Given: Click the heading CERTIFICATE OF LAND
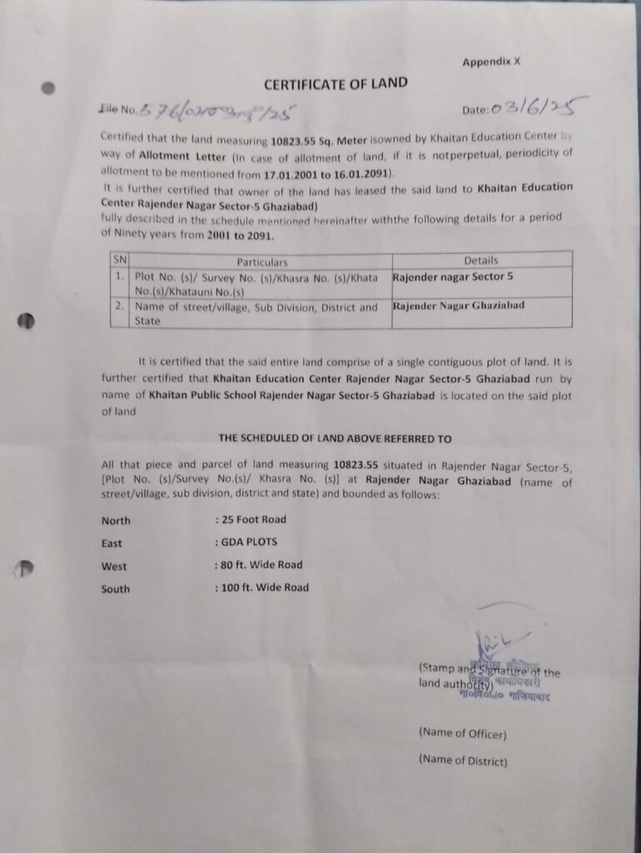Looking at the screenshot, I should [x=335, y=83].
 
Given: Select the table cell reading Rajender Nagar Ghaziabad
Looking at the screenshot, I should [x=459, y=306].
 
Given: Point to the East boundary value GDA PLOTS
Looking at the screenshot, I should [x=248, y=542].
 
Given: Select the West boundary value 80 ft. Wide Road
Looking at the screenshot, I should [x=261, y=565].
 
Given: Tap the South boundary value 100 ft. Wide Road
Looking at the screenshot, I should [x=264, y=588].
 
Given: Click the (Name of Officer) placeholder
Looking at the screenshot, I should [x=463, y=734].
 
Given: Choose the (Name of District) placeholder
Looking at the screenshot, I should [x=463, y=760].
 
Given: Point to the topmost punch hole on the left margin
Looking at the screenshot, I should [x=49, y=87].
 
